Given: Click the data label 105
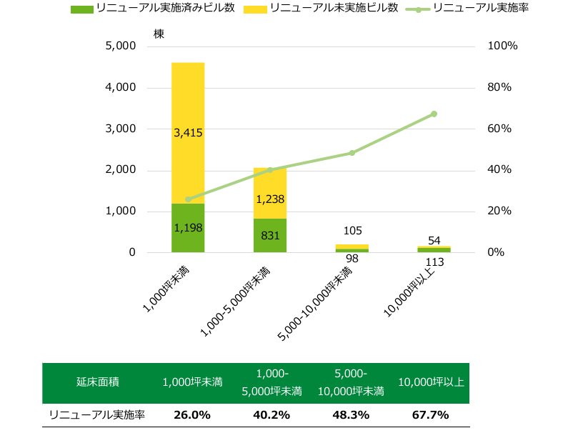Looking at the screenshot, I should [352, 231].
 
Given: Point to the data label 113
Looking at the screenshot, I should [434, 262].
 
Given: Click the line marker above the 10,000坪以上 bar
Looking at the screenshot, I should [434, 114].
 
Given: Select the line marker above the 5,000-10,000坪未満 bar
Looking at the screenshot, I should [352, 153].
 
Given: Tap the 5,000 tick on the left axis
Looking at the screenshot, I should [121, 46].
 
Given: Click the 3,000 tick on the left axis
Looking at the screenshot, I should [121, 129].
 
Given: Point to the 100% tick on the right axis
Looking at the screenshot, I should [502, 46].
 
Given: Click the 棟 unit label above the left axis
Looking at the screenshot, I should [159, 34].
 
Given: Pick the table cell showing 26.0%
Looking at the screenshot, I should [192, 414].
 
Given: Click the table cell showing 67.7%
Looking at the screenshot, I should [430, 414].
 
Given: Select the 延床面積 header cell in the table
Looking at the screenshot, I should [97, 382].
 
